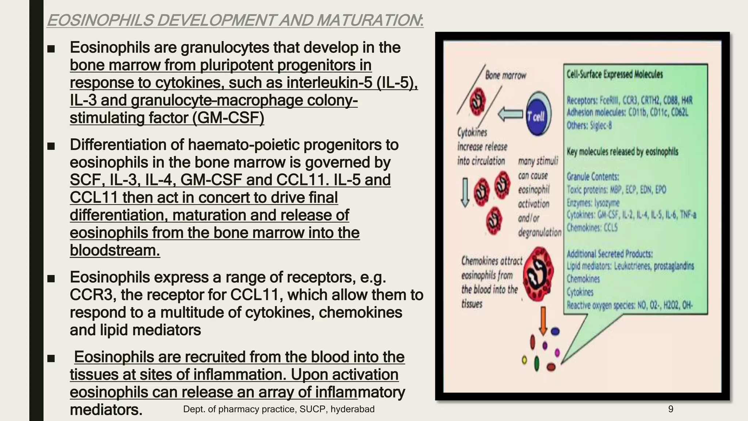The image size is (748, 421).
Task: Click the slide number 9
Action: (x=671, y=409)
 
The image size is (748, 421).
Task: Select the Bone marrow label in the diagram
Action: (x=505, y=75)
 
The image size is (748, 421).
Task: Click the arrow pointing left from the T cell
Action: (x=511, y=114)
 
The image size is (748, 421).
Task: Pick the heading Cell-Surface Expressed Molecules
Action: (x=614, y=74)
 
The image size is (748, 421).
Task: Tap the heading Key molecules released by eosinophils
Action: (x=622, y=151)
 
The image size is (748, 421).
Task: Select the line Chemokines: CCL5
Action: (x=592, y=228)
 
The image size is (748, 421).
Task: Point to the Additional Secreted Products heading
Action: (x=609, y=254)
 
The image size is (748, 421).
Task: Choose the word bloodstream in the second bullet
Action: (x=115, y=250)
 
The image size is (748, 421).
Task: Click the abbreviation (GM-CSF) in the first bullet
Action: (x=228, y=118)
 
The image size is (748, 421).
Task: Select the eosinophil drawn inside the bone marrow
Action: (x=477, y=103)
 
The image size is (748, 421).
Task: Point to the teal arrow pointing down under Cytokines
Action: (x=465, y=192)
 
